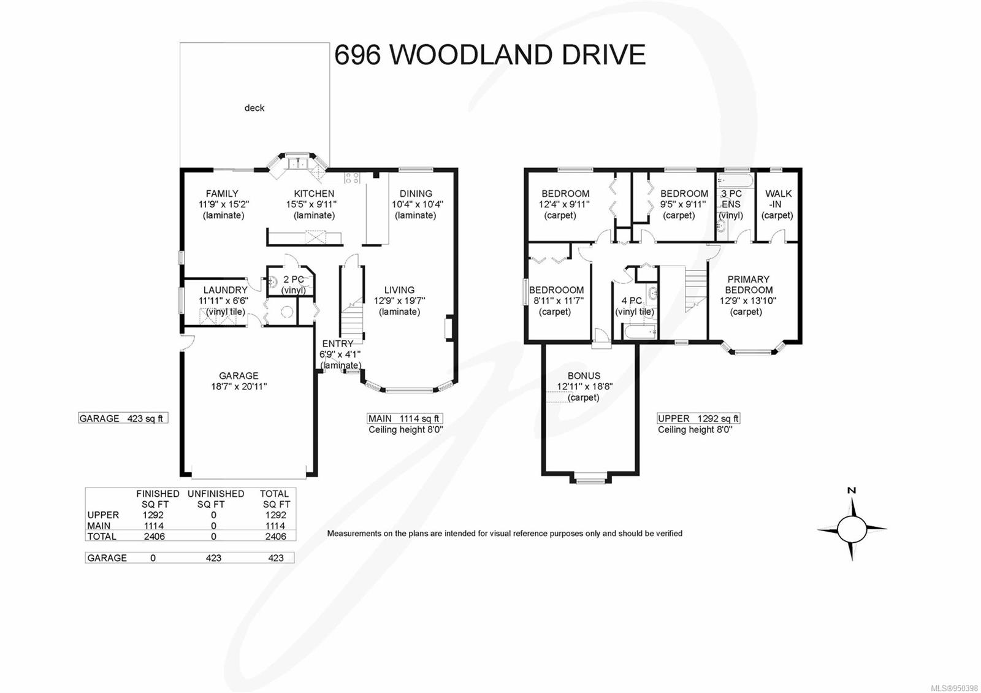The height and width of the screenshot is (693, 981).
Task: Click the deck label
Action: [254, 108]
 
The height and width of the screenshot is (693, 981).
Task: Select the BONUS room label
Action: [584, 376]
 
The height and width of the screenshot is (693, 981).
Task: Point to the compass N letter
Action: [851, 490]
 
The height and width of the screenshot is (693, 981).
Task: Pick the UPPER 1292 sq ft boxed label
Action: [698, 418]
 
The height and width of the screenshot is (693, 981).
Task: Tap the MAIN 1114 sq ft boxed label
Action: [404, 418]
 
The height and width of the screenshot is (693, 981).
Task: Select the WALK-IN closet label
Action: [778, 199]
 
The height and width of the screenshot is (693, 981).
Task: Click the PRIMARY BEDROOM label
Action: [748, 285]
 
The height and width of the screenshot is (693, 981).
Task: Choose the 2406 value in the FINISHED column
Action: [153, 536]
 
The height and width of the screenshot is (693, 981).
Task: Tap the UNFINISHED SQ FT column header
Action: [215, 499]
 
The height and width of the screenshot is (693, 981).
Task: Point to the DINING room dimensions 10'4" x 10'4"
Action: [417, 204]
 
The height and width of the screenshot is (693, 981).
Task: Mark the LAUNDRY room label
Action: [225, 290]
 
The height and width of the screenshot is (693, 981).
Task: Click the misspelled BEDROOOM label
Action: [556, 290]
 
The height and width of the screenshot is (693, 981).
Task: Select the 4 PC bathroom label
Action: [632, 301]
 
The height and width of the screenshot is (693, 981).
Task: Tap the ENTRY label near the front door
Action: [337, 343]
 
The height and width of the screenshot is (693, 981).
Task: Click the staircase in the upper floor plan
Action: [696, 288]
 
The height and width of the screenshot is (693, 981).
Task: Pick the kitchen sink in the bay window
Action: [299, 163]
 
